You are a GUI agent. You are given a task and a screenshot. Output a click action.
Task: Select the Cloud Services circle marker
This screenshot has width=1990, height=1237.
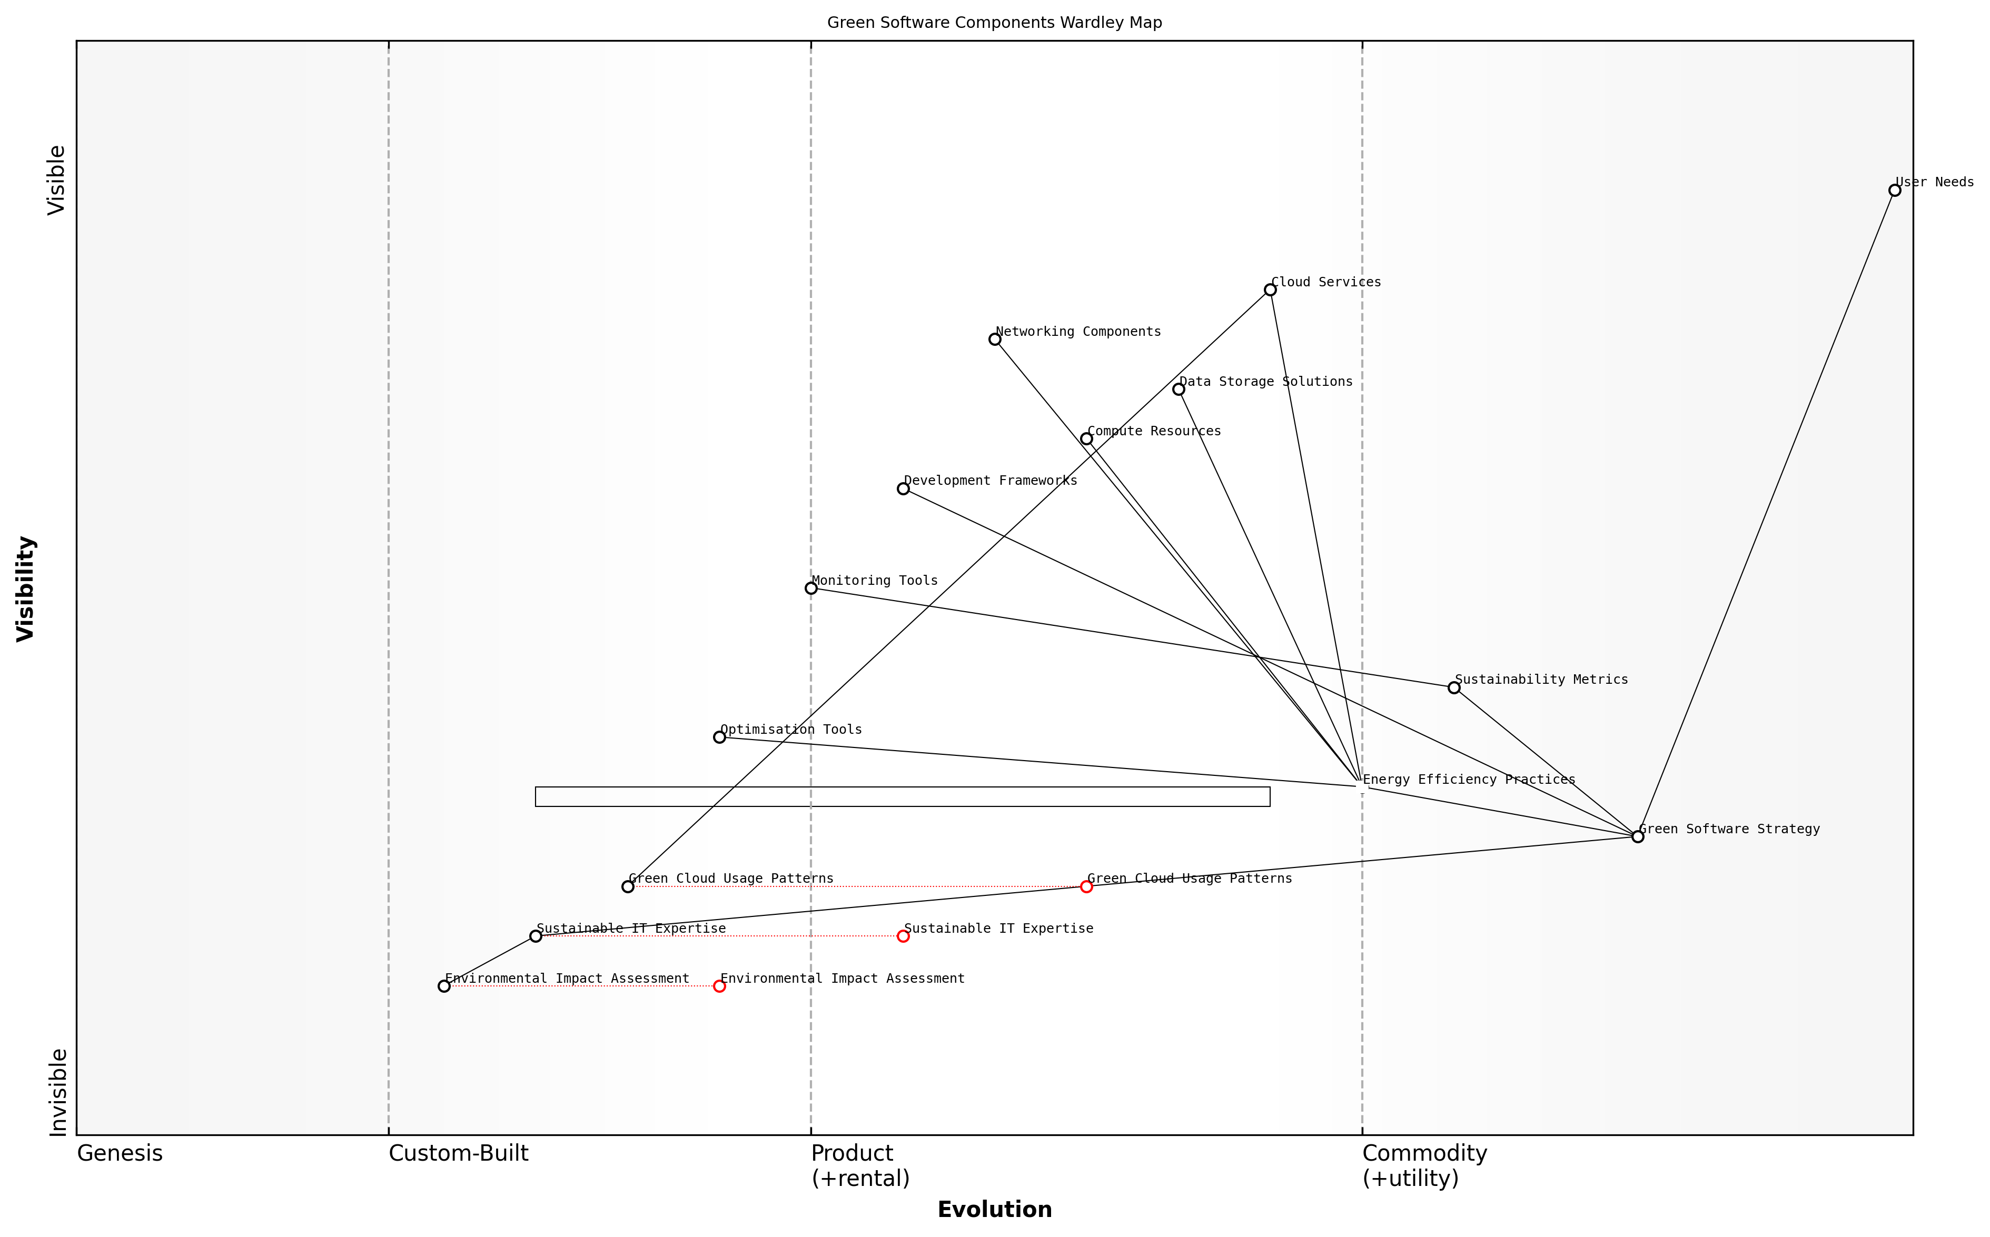pyautogui.click(x=1270, y=290)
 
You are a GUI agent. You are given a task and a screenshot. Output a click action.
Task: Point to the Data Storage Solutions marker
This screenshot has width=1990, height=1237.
pyautogui.click(x=1179, y=390)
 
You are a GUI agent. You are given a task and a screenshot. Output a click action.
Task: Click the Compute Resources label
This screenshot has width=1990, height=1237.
pyautogui.click(x=1154, y=431)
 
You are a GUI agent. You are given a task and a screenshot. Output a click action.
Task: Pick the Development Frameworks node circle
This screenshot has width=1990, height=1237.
pyautogui.click(x=903, y=488)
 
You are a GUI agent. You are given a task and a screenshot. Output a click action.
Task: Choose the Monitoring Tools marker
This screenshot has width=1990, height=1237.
pyautogui.click(x=811, y=588)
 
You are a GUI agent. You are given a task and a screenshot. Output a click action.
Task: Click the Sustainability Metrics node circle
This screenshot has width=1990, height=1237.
pyautogui.click(x=1454, y=687)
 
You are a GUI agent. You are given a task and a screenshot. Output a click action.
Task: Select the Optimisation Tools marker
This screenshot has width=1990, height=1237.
pyautogui.click(x=719, y=737)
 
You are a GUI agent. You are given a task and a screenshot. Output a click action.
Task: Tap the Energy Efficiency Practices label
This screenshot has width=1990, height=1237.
pyautogui.click(x=1469, y=780)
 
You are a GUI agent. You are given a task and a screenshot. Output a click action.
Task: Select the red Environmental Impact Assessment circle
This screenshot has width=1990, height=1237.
pyautogui.click(x=719, y=986)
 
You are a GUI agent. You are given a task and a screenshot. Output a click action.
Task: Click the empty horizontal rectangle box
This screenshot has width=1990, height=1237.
pyautogui.click(x=903, y=797)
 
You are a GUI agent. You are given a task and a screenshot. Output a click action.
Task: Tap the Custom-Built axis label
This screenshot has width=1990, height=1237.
pyautogui.click(x=458, y=1153)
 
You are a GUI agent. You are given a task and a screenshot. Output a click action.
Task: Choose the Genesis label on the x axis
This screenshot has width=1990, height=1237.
pyautogui.click(x=120, y=1153)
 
